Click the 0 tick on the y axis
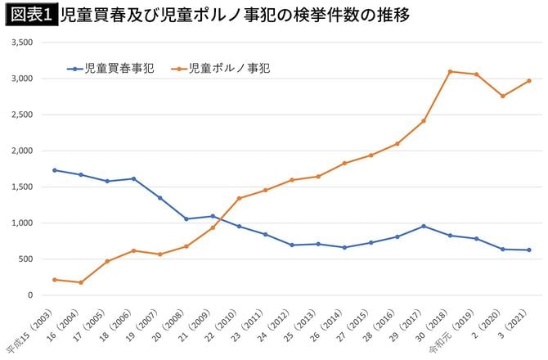[31, 295]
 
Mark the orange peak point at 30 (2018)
[450, 71]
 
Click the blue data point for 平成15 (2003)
[54, 170]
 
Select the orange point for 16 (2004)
[80, 282]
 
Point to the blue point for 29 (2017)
[424, 226]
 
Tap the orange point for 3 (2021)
[529, 80]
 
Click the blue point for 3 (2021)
[529, 250]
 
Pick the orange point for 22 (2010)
[239, 198]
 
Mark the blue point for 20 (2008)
[186, 218]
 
